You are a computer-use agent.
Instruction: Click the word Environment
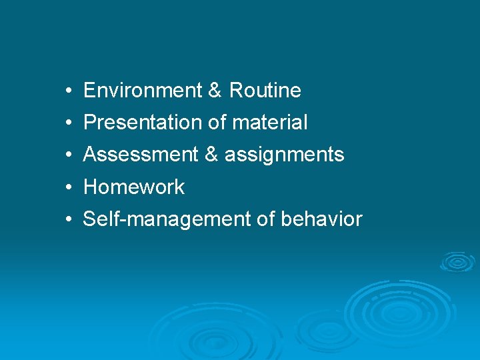(143, 91)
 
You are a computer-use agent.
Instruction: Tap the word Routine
(265, 91)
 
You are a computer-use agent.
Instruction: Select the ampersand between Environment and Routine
(215, 91)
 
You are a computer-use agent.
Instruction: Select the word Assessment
(141, 155)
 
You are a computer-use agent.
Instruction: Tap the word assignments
(284, 155)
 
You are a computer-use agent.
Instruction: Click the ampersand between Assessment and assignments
(211, 155)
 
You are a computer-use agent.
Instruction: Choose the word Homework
(133, 187)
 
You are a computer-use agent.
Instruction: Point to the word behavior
(322, 219)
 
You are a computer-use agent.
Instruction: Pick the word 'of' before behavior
(267, 219)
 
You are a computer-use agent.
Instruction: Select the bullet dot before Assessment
(69, 155)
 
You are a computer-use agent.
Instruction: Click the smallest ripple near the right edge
(457, 261)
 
